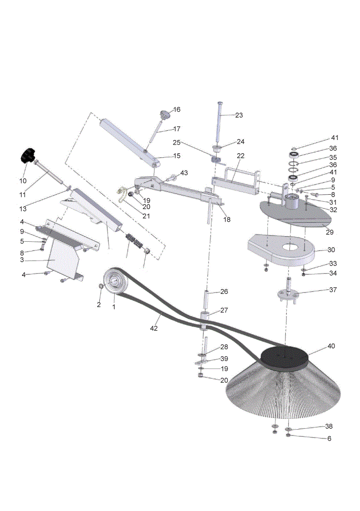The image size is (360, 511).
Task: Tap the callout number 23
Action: (x=239, y=115)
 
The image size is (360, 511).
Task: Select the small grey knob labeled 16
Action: (x=165, y=114)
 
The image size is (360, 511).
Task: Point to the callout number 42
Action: (x=153, y=328)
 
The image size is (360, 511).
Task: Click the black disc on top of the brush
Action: (x=285, y=358)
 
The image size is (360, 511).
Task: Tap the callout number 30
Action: (x=331, y=250)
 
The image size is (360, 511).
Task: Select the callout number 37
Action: (x=332, y=290)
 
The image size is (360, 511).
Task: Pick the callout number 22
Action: (x=240, y=156)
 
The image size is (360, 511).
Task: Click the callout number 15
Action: (x=176, y=156)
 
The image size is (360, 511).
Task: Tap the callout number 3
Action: (x=22, y=260)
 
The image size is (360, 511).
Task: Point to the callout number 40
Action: (x=331, y=346)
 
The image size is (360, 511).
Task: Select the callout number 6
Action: (x=329, y=438)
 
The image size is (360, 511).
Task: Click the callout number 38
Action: (x=329, y=426)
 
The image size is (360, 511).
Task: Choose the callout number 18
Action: (x=227, y=220)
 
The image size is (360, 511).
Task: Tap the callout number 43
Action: (x=184, y=173)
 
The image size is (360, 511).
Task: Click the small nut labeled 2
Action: (x=101, y=286)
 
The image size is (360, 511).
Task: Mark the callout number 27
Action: (x=224, y=310)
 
